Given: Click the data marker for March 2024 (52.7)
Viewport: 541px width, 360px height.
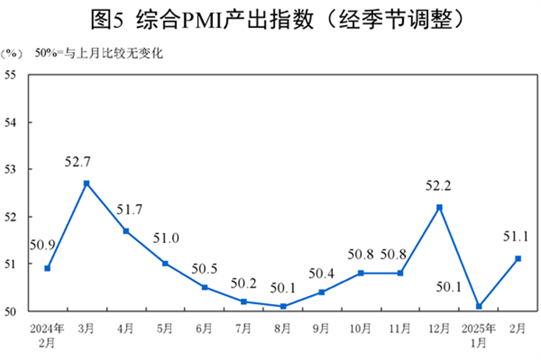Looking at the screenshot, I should tap(87, 183).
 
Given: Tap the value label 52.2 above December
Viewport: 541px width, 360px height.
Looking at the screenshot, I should tap(440, 186).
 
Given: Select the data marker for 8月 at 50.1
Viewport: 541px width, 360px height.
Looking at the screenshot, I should tap(283, 306).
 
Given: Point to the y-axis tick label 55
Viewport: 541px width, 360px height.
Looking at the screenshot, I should tap(11, 75).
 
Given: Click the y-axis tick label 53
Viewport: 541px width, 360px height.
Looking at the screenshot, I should tap(11, 169).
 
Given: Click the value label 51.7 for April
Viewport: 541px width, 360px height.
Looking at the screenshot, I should tap(126, 209).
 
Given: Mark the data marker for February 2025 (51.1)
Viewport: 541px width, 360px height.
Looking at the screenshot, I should tap(518, 259).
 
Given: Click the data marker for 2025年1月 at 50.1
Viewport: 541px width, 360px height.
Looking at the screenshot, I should tap(479, 306).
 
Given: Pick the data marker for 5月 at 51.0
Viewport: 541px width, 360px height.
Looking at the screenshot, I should tap(165, 263).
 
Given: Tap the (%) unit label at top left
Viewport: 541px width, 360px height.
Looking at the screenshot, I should tap(12, 54).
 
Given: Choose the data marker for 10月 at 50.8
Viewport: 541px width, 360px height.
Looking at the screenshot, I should tap(362, 273).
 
